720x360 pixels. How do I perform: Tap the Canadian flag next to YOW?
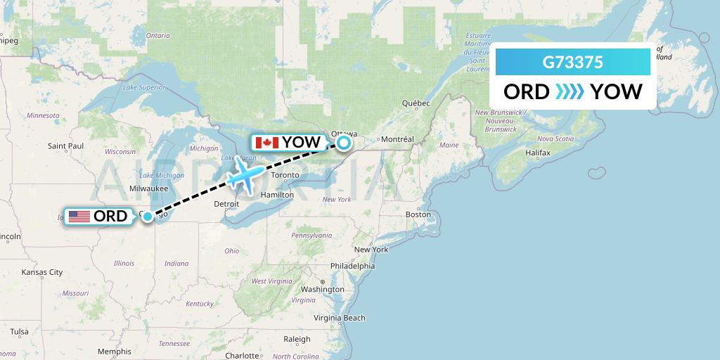click(x=267, y=143)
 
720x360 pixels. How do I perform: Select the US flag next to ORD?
click(x=79, y=216)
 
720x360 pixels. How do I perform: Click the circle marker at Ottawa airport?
click(x=344, y=143)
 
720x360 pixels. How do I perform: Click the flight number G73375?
click(x=572, y=62)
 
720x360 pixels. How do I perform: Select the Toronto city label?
click(x=285, y=175)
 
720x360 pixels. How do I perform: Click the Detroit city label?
click(x=226, y=203)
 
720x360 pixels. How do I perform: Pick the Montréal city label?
click(x=397, y=139)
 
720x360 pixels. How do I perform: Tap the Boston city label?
click(x=418, y=214)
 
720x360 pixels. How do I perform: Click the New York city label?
click(x=371, y=250)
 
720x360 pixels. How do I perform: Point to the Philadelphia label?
click(x=352, y=266)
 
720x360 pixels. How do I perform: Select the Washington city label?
click(x=322, y=290)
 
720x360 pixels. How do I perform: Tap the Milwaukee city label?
click(x=148, y=188)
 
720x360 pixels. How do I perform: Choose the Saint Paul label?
click(x=66, y=146)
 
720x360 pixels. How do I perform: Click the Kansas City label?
click(x=42, y=272)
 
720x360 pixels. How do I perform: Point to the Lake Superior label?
click(x=143, y=87)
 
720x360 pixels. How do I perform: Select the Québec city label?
click(x=416, y=103)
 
